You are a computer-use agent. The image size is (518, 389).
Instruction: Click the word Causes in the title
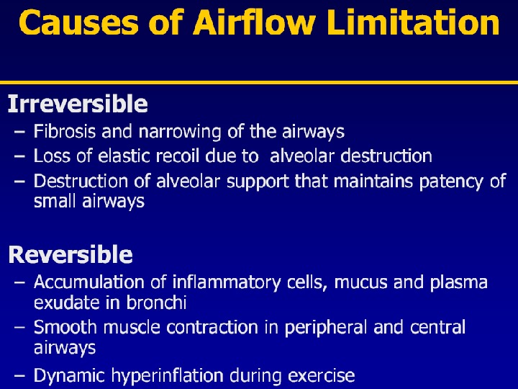coord(66,23)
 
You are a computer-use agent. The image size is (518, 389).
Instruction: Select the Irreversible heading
coord(78,105)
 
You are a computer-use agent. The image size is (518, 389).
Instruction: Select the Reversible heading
coord(70,255)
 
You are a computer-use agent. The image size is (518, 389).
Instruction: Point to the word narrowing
coord(171,132)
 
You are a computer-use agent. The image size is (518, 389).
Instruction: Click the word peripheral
coord(324,328)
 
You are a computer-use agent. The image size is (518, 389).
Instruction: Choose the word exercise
coord(320,375)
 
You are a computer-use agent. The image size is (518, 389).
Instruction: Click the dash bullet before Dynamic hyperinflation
coord(19,375)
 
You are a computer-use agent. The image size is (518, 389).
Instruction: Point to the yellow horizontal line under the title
coord(259,82)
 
